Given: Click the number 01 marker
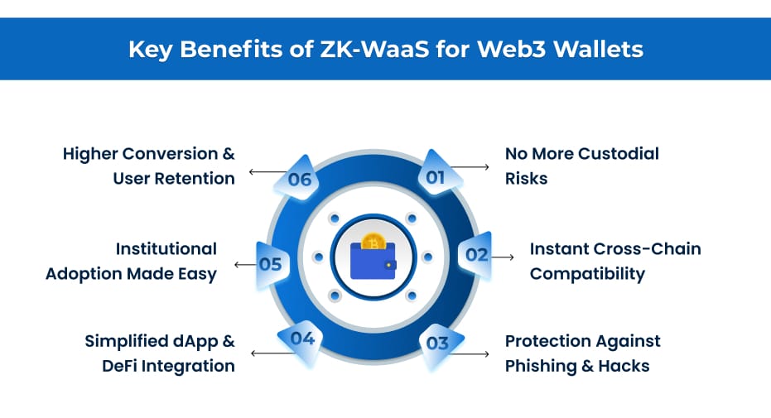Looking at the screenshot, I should click(x=436, y=176).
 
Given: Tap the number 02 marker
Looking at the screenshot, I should click(x=476, y=254).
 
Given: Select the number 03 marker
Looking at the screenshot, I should click(x=437, y=342).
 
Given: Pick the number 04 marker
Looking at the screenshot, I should click(x=302, y=338).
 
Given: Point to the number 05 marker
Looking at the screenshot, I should click(x=270, y=265).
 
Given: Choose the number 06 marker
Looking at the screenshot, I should click(x=299, y=180).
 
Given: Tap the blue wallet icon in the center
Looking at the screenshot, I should click(x=373, y=260).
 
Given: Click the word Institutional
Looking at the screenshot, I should click(x=166, y=249).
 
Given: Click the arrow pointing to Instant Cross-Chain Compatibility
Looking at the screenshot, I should click(x=503, y=257).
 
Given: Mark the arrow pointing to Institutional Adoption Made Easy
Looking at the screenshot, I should click(x=244, y=265).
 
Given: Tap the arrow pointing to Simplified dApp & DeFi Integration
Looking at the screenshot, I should click(x=265, y=353).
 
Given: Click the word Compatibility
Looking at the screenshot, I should click(x=587, y=274).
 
